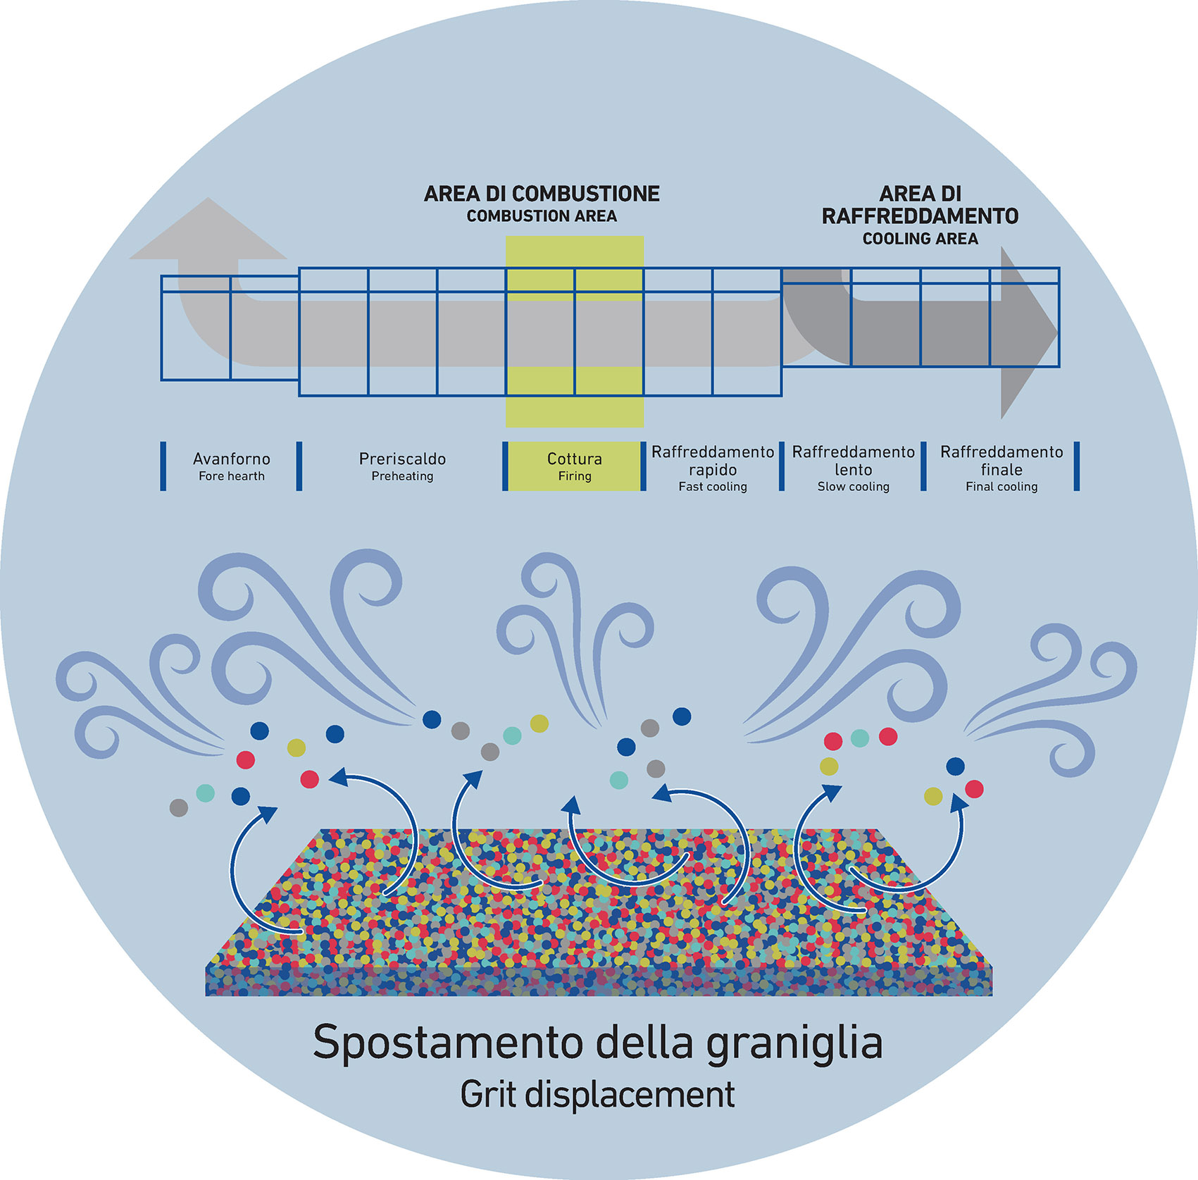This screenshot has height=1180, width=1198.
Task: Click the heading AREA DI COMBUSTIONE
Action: [542, 194]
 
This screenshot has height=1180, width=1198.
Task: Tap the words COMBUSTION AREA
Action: [542, 216]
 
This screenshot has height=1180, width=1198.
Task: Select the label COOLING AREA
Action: [920, 239]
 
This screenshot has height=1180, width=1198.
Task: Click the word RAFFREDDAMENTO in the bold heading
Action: [920, 216]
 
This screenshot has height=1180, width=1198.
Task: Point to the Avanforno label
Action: [232, 459]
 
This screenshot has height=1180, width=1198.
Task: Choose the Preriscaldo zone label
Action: [402, 459]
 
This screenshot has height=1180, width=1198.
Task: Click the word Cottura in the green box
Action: [575, 459]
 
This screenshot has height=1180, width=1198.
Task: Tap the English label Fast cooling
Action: [713, 487]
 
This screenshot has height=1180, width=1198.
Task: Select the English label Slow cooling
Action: [853, 487]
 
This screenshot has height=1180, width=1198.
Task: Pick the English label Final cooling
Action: [1002, 487]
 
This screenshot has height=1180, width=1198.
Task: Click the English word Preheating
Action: [402, 476]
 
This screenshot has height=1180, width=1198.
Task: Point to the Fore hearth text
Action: [232, 476]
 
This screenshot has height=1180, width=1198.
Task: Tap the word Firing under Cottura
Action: [575, 476]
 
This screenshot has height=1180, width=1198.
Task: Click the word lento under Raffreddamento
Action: [853, 469]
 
